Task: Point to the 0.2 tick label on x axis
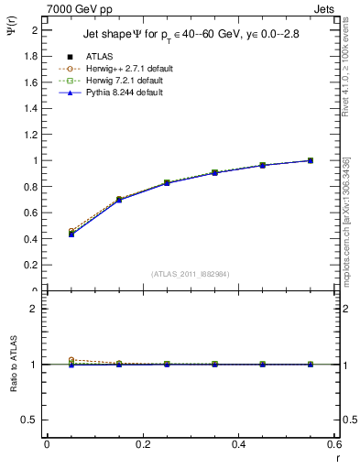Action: (x=142, y=444)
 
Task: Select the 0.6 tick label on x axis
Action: (x=333, y=444)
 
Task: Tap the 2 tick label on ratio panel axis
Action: (x=34, y=309)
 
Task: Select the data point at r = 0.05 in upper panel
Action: (x=71, y=234)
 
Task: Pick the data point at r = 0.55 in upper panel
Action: (x=311, y=160)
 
